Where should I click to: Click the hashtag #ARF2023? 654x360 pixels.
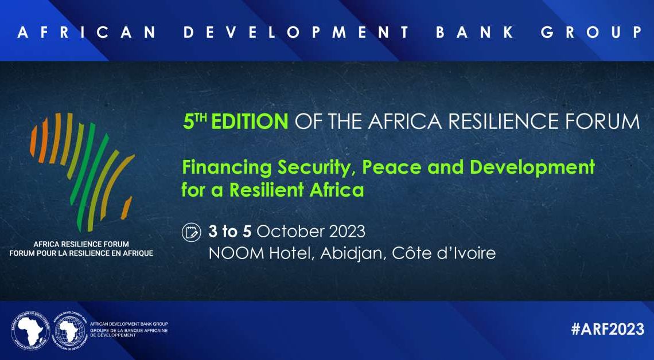[608, 328]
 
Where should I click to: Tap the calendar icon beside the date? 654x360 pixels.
[192, 232]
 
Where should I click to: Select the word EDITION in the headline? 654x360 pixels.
[250, 122]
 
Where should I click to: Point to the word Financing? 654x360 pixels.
[227, 168]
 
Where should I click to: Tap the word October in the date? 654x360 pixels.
[290, 232]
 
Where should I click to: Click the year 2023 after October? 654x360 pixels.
[347, 232]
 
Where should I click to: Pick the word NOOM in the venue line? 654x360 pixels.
[236, 253]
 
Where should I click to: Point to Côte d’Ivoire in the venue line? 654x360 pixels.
[444, 253]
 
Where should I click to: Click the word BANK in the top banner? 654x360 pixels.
[474, 33]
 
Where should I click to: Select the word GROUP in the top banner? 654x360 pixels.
[591, 33]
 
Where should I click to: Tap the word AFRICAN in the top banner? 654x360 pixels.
[87, 33]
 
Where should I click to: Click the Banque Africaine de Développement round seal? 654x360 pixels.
[30, 330]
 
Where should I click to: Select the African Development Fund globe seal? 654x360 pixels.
[69, 330]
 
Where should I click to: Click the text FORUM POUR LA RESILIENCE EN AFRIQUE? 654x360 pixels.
[81, 253]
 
